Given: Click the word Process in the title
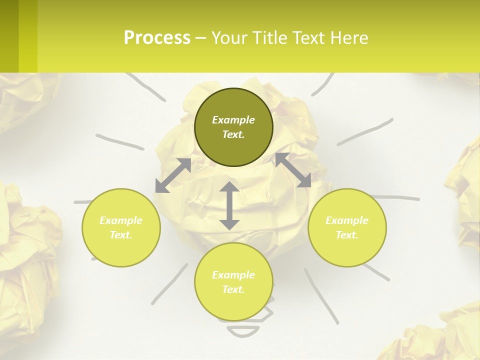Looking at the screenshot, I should [x=157, y=38].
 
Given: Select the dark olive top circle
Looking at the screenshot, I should [x=233, y=127].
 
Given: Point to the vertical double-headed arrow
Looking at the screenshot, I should [x=229, y=205].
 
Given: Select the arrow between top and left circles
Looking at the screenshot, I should [x=173, y=175].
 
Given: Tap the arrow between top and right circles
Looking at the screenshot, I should [x=293, y=170].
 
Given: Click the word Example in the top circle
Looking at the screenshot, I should [x=233, y=120].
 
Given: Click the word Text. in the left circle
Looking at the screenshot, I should [x=121, y=235].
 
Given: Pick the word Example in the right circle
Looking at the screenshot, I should [x=347, y=220].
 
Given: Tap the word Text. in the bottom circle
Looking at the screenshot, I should [x=233, y=289].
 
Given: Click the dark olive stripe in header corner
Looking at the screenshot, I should [x=9, y=36].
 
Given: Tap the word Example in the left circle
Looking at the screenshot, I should [x=121, y=220].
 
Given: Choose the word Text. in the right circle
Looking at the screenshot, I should [x=347, y=235].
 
